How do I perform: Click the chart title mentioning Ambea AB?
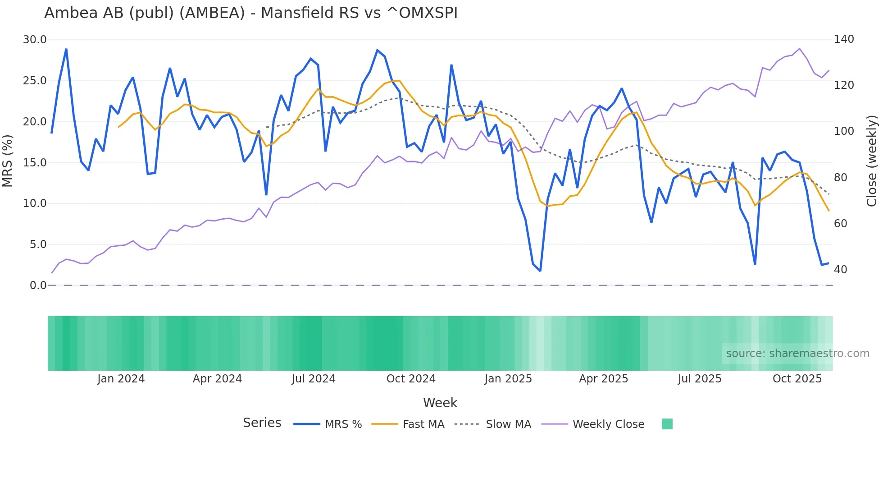click(x=250, y=13)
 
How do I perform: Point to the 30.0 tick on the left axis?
click(x=35, y=40)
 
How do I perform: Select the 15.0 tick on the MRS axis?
click(x=35, y=162)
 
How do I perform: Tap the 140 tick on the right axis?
click(x=843, y=39)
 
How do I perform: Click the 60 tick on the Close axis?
click(x=840, y=223)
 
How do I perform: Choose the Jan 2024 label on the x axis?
click(x=121, y=379)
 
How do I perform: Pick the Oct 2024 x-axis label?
click(x=411, y=379)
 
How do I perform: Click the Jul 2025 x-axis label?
click(x=699, y=379)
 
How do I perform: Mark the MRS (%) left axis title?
click(x=7, y=161)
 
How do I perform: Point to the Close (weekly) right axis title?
click(x=872, y=161)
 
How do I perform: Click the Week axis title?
click(x=440, y=403)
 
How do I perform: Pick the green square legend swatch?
click(x=667, y=424)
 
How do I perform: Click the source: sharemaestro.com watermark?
click(x=797, y=354)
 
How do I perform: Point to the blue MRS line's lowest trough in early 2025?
click(x=540, y=271)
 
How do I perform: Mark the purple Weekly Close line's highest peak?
click(x=799, y=48)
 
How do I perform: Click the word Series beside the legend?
click(x=262, y=423)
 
